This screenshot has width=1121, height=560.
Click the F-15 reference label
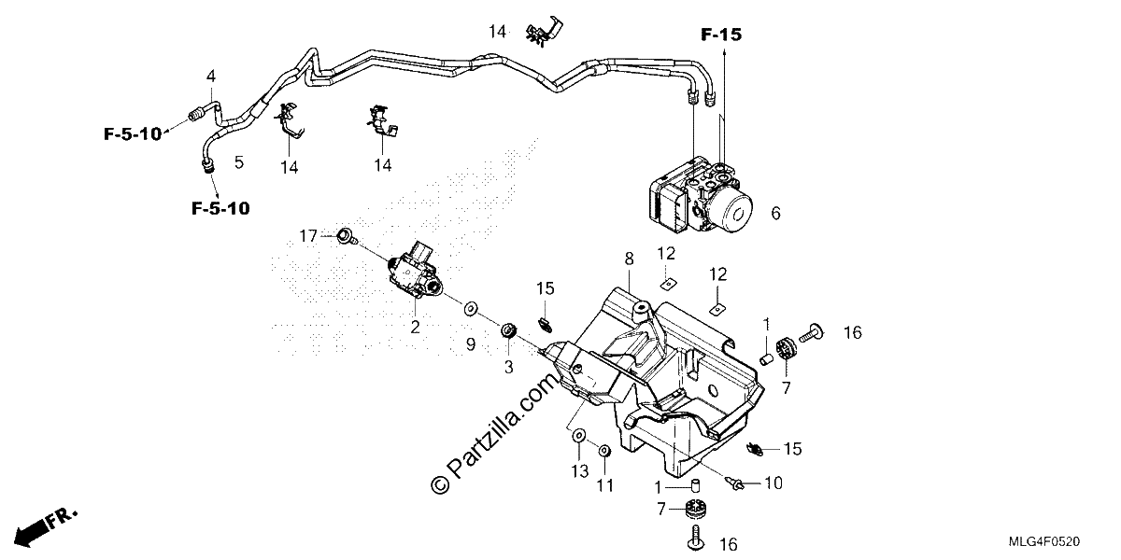coord(720,35)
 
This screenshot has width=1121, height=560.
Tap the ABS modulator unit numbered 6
coord(700,198)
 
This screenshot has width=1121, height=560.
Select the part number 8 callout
coord(629,259)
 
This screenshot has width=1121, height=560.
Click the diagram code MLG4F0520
coord(1044,541)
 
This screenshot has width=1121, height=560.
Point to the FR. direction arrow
coord(45,526)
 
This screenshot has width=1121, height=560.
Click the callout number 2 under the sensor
coord(415,328)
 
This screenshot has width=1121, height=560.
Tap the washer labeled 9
coord(470,309)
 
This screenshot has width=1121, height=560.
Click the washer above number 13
coord(578,436)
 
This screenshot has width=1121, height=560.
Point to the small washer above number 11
coord(604,451)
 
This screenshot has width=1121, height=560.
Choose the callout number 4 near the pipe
coord(211,77)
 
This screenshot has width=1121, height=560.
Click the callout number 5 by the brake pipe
coord(239,162)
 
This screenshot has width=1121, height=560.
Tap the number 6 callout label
coord(775,214)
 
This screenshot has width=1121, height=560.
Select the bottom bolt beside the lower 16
coord(696,538)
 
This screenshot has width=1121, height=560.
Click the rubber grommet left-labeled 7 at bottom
coord(695,510)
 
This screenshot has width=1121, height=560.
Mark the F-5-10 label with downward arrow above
coord(220,208)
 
